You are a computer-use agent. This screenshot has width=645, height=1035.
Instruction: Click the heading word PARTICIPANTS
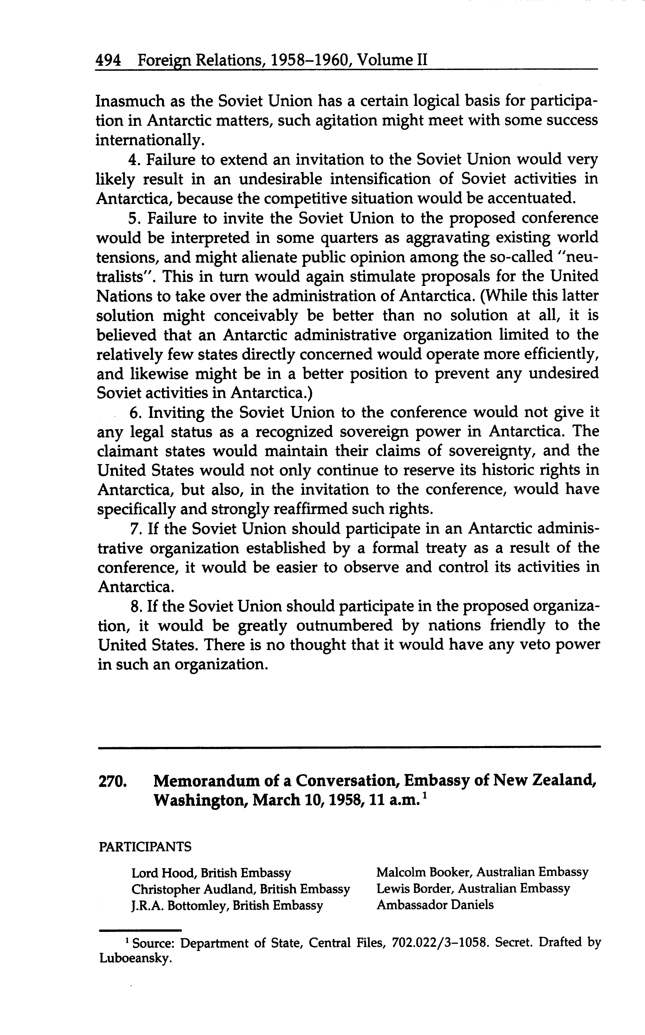coord(145,847)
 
